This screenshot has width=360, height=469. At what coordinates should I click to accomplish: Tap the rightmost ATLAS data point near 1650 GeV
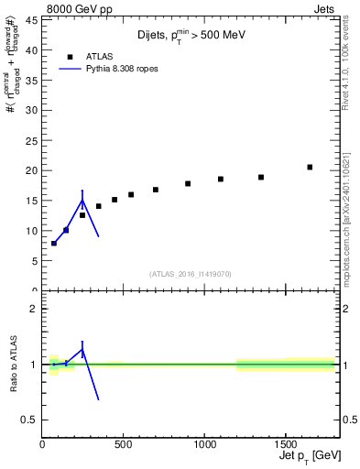[310, 167]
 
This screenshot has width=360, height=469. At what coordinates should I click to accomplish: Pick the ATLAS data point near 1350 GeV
[261, 177]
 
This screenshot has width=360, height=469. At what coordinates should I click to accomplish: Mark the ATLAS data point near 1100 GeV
[221, 179]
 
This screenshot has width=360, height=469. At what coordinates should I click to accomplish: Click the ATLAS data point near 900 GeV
[188, 183]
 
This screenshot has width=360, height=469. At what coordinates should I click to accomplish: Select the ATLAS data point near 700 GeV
[156, 190]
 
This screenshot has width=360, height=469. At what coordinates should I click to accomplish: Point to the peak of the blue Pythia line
[82, 200]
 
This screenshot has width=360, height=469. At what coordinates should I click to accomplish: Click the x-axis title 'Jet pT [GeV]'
[303, 455]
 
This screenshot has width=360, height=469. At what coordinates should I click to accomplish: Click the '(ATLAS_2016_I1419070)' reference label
[191, 273]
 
